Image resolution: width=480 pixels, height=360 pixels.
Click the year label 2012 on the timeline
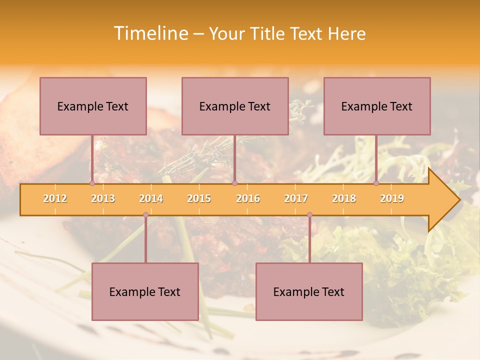tap(55, 198)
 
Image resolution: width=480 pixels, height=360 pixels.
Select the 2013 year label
tap(103, 198)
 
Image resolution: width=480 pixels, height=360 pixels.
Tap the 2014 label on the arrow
tap(151, 198)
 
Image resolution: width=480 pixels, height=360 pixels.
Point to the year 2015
tap(199, 198)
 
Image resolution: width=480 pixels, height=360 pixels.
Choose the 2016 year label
tap(248, 198)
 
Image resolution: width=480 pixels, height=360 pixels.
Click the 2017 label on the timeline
tap(296, 198)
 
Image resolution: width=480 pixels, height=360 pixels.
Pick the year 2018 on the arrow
tap(344, 198)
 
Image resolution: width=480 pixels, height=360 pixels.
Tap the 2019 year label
tap(392, 198)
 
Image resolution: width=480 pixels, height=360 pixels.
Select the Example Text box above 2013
tap(93, 106)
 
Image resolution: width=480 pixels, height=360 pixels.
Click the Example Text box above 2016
tap(235, 106)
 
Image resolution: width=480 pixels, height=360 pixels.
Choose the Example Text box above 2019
tap(377, 106)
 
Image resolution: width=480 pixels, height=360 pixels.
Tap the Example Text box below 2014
tap(145, 291)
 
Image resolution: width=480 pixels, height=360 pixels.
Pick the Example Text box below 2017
tap(309, 291)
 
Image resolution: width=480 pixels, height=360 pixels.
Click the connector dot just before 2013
tap(92, 183)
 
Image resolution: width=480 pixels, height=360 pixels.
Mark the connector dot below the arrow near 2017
tap(309, 215)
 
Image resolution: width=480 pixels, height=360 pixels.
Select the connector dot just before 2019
tap(376, 183)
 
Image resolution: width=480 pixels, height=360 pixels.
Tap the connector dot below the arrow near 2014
tap(145, 215)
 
